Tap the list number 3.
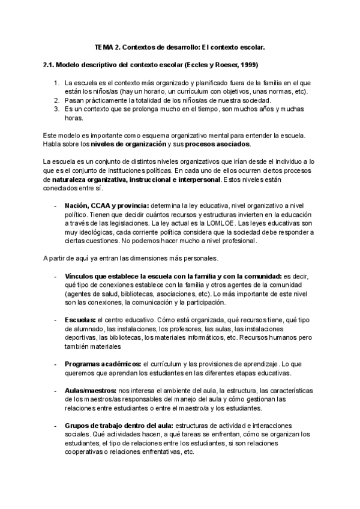coord(56,109)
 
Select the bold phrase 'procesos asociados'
coord(218,144)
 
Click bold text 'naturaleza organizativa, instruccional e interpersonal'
coord(137,179)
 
